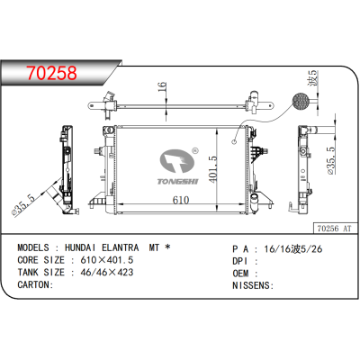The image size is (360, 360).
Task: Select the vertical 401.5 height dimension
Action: coord(213,166)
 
